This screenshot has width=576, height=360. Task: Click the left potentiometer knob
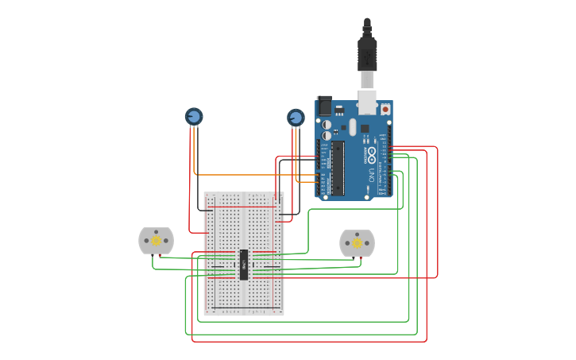(194, 116)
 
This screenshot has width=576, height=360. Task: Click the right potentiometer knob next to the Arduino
(296, 118)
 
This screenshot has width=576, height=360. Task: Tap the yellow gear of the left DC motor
(157, 241)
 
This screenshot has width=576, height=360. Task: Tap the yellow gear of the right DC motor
(357, 243)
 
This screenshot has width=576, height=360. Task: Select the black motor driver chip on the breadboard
(244, 265)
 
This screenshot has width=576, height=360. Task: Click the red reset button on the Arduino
(385, 109)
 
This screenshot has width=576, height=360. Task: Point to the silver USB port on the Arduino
(367, 101)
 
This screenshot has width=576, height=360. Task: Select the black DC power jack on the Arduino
(324, 106)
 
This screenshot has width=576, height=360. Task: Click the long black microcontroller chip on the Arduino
(338, 168)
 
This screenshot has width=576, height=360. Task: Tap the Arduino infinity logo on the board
(371, 152)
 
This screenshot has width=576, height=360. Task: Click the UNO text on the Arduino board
(370, 172)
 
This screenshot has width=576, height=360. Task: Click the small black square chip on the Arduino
(365, 128)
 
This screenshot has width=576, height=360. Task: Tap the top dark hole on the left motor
(157, 230)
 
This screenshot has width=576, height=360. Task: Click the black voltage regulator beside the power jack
(339, 109)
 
